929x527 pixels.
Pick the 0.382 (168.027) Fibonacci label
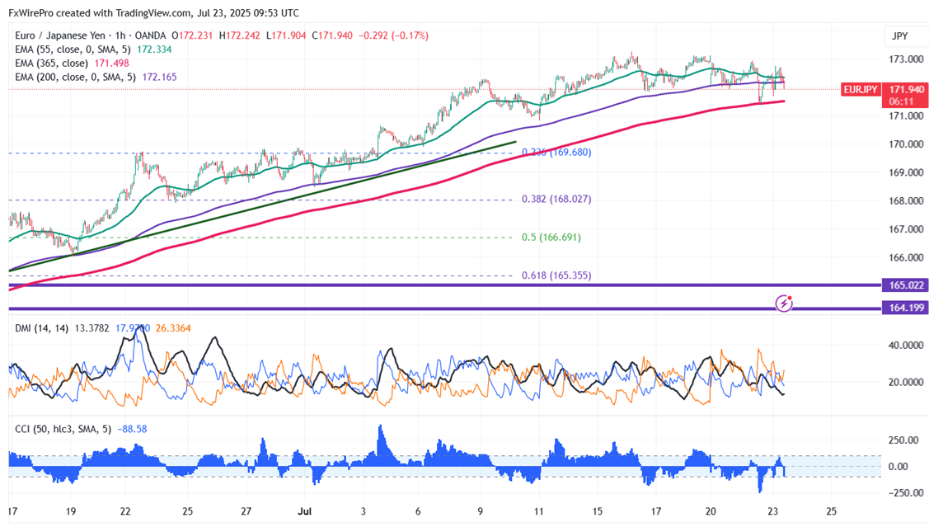tap(556, 199)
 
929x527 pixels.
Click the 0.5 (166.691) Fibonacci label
tap(551, 237)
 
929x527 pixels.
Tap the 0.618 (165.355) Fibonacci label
tap(556, 275)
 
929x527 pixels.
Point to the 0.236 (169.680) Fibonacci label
tap(556, 152)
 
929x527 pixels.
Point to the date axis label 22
tap(125, 511)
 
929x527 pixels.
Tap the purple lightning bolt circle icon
tap(785, 303)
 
